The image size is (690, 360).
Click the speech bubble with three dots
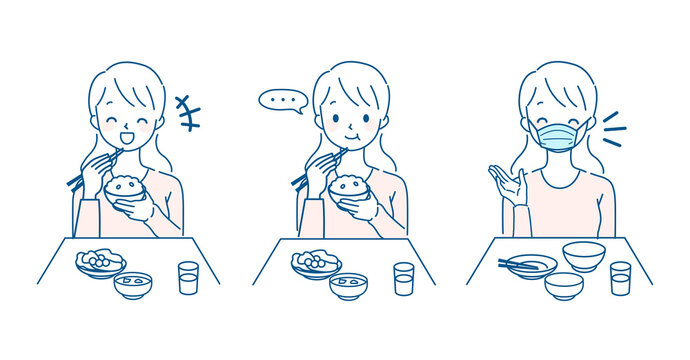[281, 100]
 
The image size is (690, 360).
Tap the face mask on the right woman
[558, 135]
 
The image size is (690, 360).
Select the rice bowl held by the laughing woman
[127, 190]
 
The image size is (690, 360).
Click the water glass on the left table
[188, 277]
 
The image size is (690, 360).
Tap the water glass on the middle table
[403, 278]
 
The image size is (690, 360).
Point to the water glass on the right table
[621, 277]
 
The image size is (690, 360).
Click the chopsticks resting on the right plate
[522, 265]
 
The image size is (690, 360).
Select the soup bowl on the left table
[133, 285]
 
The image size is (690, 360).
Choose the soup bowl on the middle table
[348, 286]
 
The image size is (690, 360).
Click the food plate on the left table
[100, 264]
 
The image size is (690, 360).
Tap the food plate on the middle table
[316, 264]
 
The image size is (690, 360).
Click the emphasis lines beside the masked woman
[612, 129]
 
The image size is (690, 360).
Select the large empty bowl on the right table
[582, 256]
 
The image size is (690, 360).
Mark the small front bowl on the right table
[564, 286]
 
